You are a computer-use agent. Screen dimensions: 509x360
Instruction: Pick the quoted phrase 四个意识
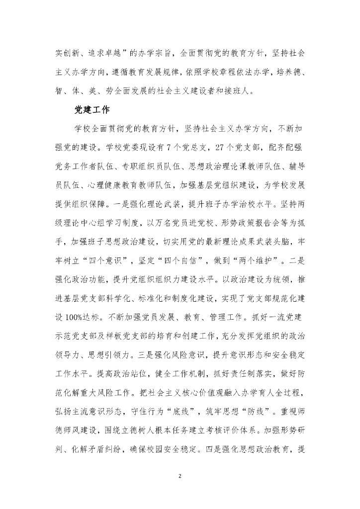tap(116, 232)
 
